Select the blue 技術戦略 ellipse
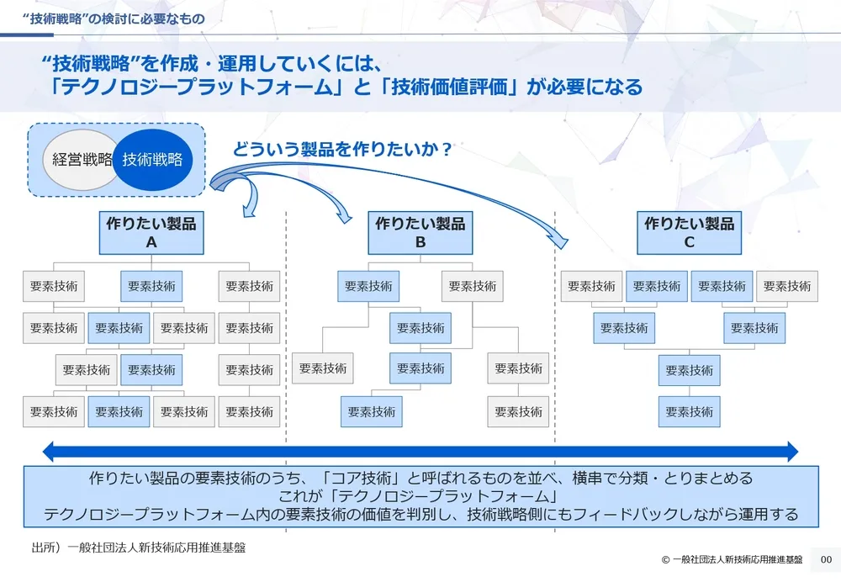tap(152, 160)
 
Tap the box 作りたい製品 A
tap(151, 232)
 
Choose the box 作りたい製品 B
tap(420, 232)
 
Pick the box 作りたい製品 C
tap(689, 232)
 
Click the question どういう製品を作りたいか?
tap(342, 150)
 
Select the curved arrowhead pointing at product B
tap(346, 219)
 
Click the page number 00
tap(825, 559)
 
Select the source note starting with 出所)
tap(139, 548)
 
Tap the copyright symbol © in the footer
tap(665, 560)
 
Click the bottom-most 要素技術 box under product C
tap(689, 412)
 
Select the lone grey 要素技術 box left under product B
tap(323, 368)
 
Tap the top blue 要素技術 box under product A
tap(151, 286)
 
